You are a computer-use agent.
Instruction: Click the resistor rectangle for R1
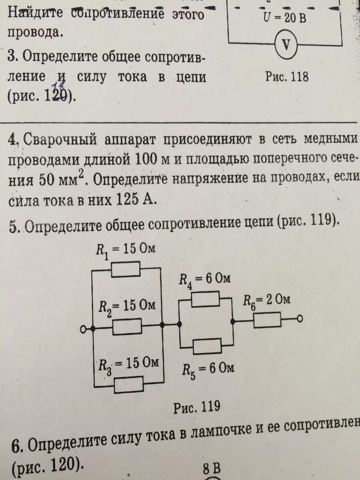coord(125,269)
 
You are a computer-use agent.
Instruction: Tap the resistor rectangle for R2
coord(127,327)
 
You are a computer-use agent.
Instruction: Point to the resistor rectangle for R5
coord(208,346)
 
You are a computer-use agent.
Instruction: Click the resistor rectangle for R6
coord(267,320)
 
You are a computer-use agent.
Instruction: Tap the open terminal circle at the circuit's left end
coord(83,329)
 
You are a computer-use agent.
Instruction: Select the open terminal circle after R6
coord(299,318)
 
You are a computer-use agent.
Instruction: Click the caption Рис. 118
coord(287,76)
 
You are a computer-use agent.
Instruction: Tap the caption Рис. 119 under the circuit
coord(196,407)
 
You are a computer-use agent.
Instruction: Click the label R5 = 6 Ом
coord(208,368)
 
